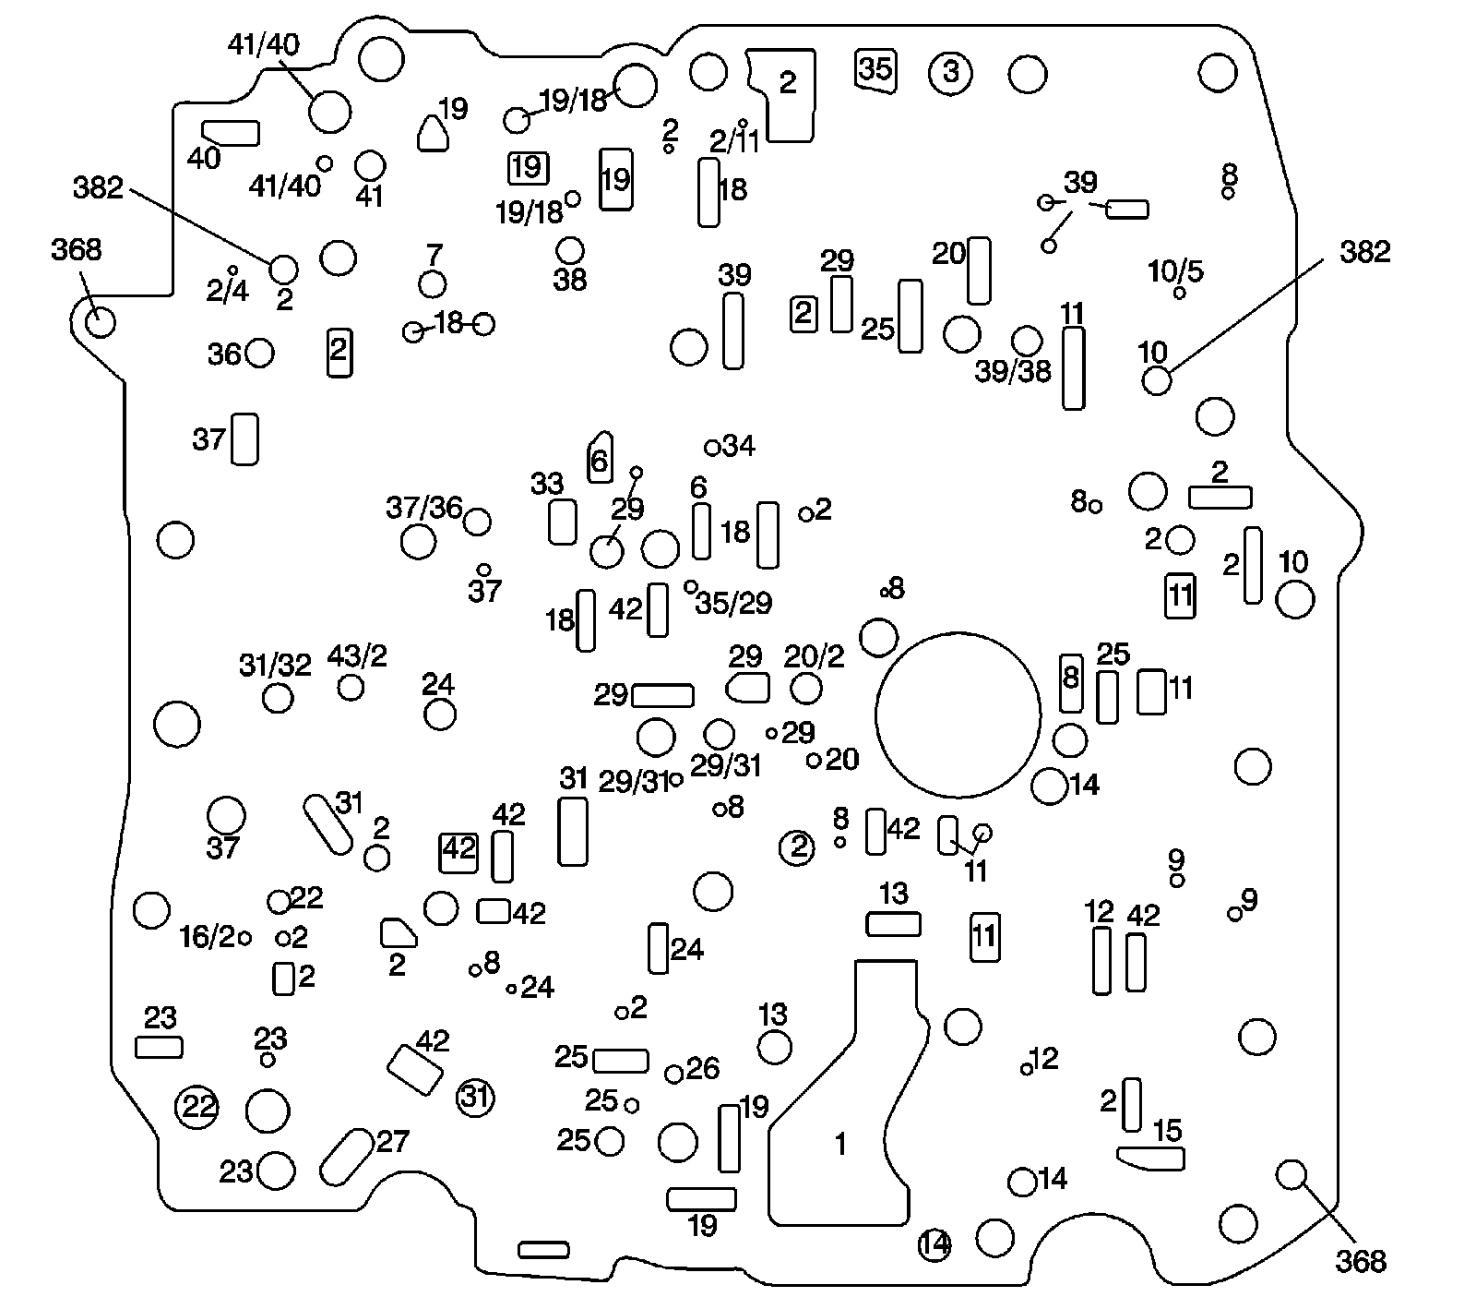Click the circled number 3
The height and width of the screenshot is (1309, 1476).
click(951, 71)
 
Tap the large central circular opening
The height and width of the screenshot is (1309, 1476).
click(958, 715)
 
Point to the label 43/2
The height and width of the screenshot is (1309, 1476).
click(357, 655)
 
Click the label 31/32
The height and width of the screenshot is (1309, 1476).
click(275, 665)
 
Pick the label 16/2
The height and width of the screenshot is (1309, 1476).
click(208, 937)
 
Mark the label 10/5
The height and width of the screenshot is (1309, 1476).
click(1175, 271)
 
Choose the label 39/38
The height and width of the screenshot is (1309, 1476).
click(1013, 371)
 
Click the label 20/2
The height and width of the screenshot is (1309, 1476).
click(814, 656)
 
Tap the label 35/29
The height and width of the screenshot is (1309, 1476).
click(733, 603)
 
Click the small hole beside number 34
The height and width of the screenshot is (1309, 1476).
click(712, 448)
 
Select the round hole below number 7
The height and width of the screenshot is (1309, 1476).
click(433, 284)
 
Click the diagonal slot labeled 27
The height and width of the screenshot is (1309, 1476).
click(345, 1157)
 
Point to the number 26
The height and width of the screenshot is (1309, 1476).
click(703, 1068)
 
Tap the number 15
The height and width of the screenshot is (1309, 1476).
click(1168, 1130)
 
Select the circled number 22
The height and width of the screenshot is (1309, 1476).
click(198, 1106)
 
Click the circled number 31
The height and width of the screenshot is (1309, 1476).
click(476, 1098)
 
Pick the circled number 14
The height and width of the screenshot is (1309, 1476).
click(934, 1245)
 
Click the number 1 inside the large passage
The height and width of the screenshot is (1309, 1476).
click(839, 1145)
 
